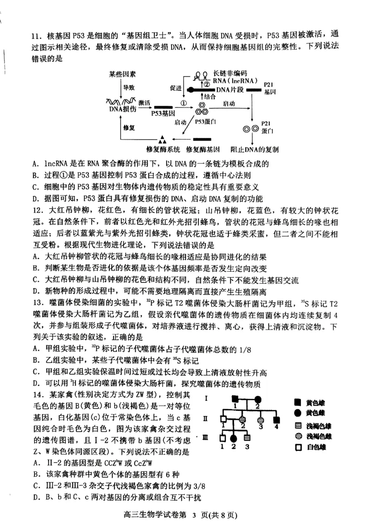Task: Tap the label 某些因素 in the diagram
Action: tap(123, 74)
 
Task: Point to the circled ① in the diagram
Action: tap(184, 103)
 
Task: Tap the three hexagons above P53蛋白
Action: tap(201, 109)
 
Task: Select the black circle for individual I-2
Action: tap(258, 399)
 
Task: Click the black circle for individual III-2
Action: tap(235, 438)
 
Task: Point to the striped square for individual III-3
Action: tap(247, 438)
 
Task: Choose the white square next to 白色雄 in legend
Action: tap(297, 447)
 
